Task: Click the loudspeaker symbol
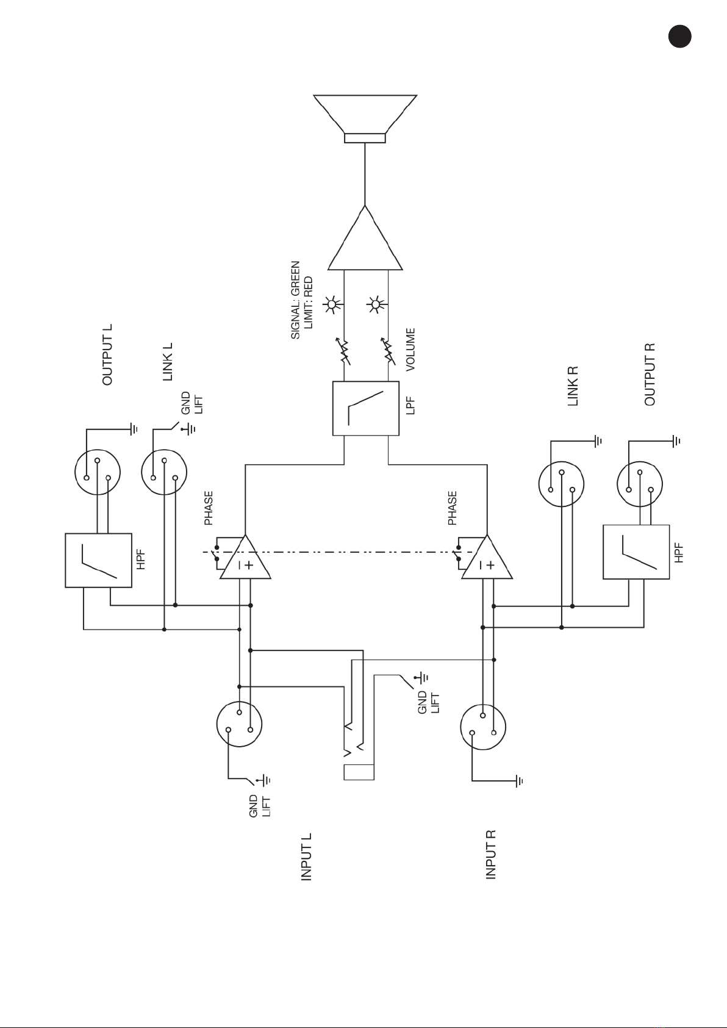[365, 119]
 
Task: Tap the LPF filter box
[366, 408]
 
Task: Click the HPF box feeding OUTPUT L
[99, 560]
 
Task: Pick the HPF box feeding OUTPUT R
[636, 552]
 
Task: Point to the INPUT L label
[306, 857]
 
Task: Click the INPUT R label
[491, 855]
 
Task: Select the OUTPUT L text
[107, 354]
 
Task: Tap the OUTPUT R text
[650, 375]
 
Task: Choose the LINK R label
[573, 386]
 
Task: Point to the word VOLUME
[410, 350]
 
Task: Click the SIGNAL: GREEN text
[295, 300]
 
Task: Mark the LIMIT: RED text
[308, 303]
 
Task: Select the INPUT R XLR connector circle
[483, 727]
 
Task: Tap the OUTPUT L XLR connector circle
[98, 472]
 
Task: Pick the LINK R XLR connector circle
[562, 484]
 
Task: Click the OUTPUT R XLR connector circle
[640, 484]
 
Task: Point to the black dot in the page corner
[680, 36]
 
